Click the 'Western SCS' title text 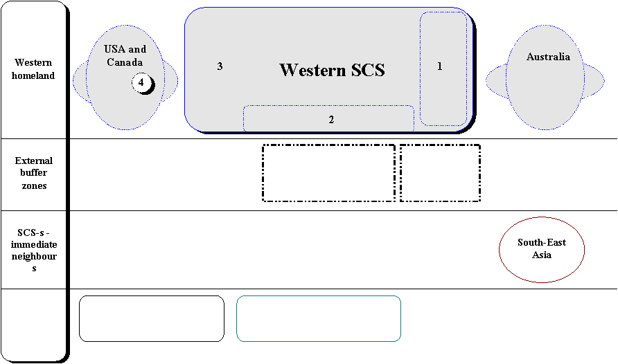(332, 70)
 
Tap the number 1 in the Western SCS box (439, 66)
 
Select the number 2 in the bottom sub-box (331, 119)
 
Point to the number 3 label (220, 66)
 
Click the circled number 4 (141, 82)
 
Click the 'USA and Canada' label (125, 55)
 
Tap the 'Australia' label (548, 57)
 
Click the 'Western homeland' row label (33, 69)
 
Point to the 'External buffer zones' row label (33, 173)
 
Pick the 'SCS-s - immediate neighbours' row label (34, 251)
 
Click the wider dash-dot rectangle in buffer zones (328, 145)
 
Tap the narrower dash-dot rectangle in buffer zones (440, 145)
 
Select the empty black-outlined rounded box (152, 296)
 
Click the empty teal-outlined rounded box (319, 296)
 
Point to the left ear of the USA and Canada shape (80, 82)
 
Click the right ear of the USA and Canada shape (170, 81)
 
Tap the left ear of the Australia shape (497, 82)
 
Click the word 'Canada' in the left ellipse (125, 62)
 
